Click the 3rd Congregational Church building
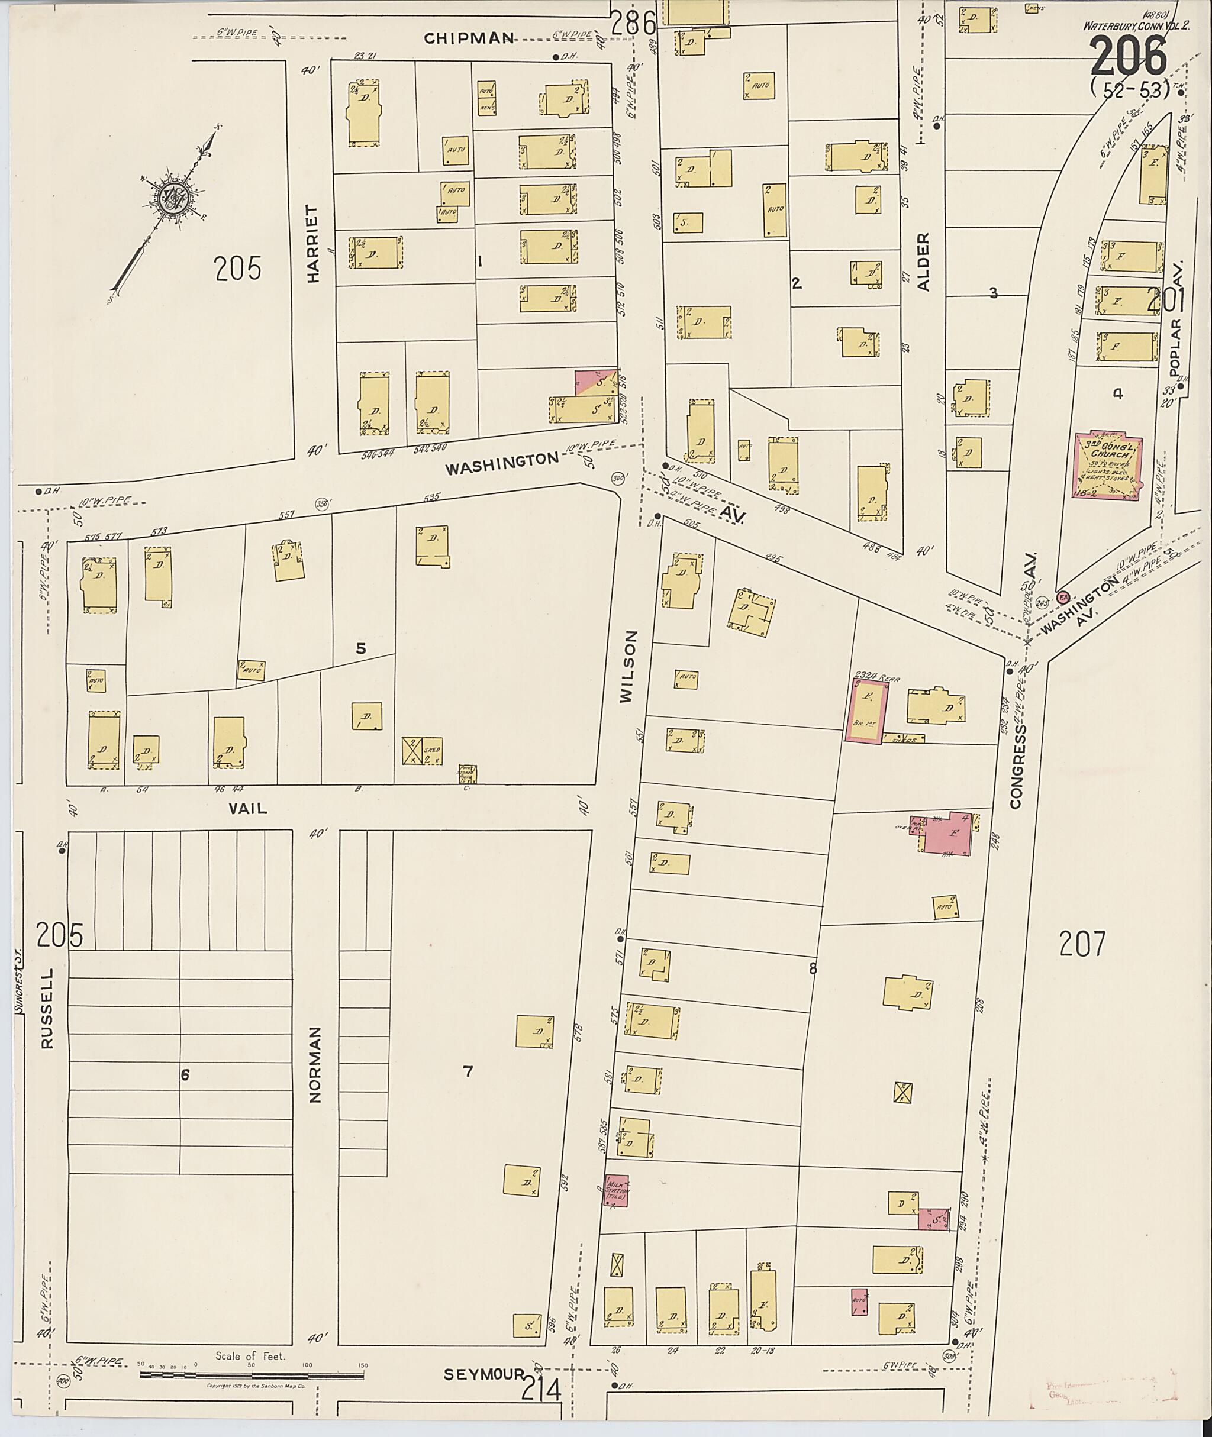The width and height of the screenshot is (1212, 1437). point(1106,464)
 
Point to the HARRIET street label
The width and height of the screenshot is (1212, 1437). point(314,244)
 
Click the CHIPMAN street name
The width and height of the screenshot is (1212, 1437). point(469,38)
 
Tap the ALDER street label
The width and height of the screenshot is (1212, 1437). point(923,261)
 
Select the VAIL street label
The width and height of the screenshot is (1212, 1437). point(248,809)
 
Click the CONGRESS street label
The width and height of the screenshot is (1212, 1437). point(1017,766)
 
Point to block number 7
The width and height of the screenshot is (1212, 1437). point(468,1071)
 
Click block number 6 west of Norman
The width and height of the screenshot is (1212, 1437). point(184,1075)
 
